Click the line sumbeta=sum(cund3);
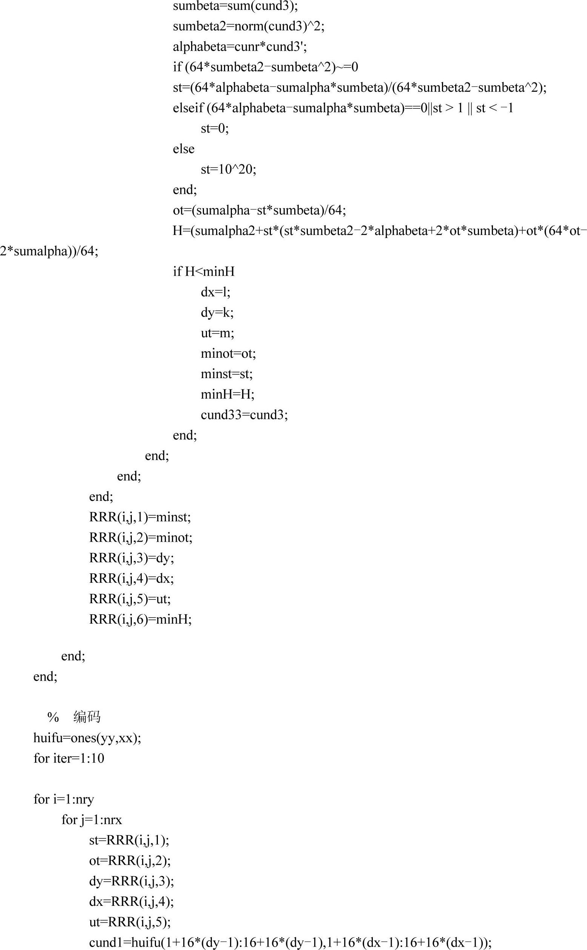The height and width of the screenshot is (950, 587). (235, 6)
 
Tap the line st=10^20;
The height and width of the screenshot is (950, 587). (228, 169)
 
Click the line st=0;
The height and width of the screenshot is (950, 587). (215, 128)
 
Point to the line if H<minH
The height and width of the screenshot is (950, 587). (204, 271)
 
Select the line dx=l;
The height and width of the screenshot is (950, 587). (215, 292)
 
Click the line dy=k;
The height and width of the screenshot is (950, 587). (217, 312)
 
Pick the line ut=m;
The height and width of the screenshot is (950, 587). (218, 333)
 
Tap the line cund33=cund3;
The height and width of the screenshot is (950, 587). (244, 415)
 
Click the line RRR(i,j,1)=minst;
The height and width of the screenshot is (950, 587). (140, 517)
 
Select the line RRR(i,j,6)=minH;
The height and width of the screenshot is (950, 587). (141, 619)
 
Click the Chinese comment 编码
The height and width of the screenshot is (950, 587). (87, 717)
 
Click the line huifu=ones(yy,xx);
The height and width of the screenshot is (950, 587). (87, 738)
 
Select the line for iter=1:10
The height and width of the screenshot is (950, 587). (69, 758)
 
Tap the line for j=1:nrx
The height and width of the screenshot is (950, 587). (92, 820)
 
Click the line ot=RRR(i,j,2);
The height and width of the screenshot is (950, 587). (130, 861)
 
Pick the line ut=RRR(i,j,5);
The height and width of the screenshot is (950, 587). (130, 922)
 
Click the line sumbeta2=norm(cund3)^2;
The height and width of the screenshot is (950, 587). (249, 26)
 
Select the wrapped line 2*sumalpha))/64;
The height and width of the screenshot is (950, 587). (49, 251)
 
